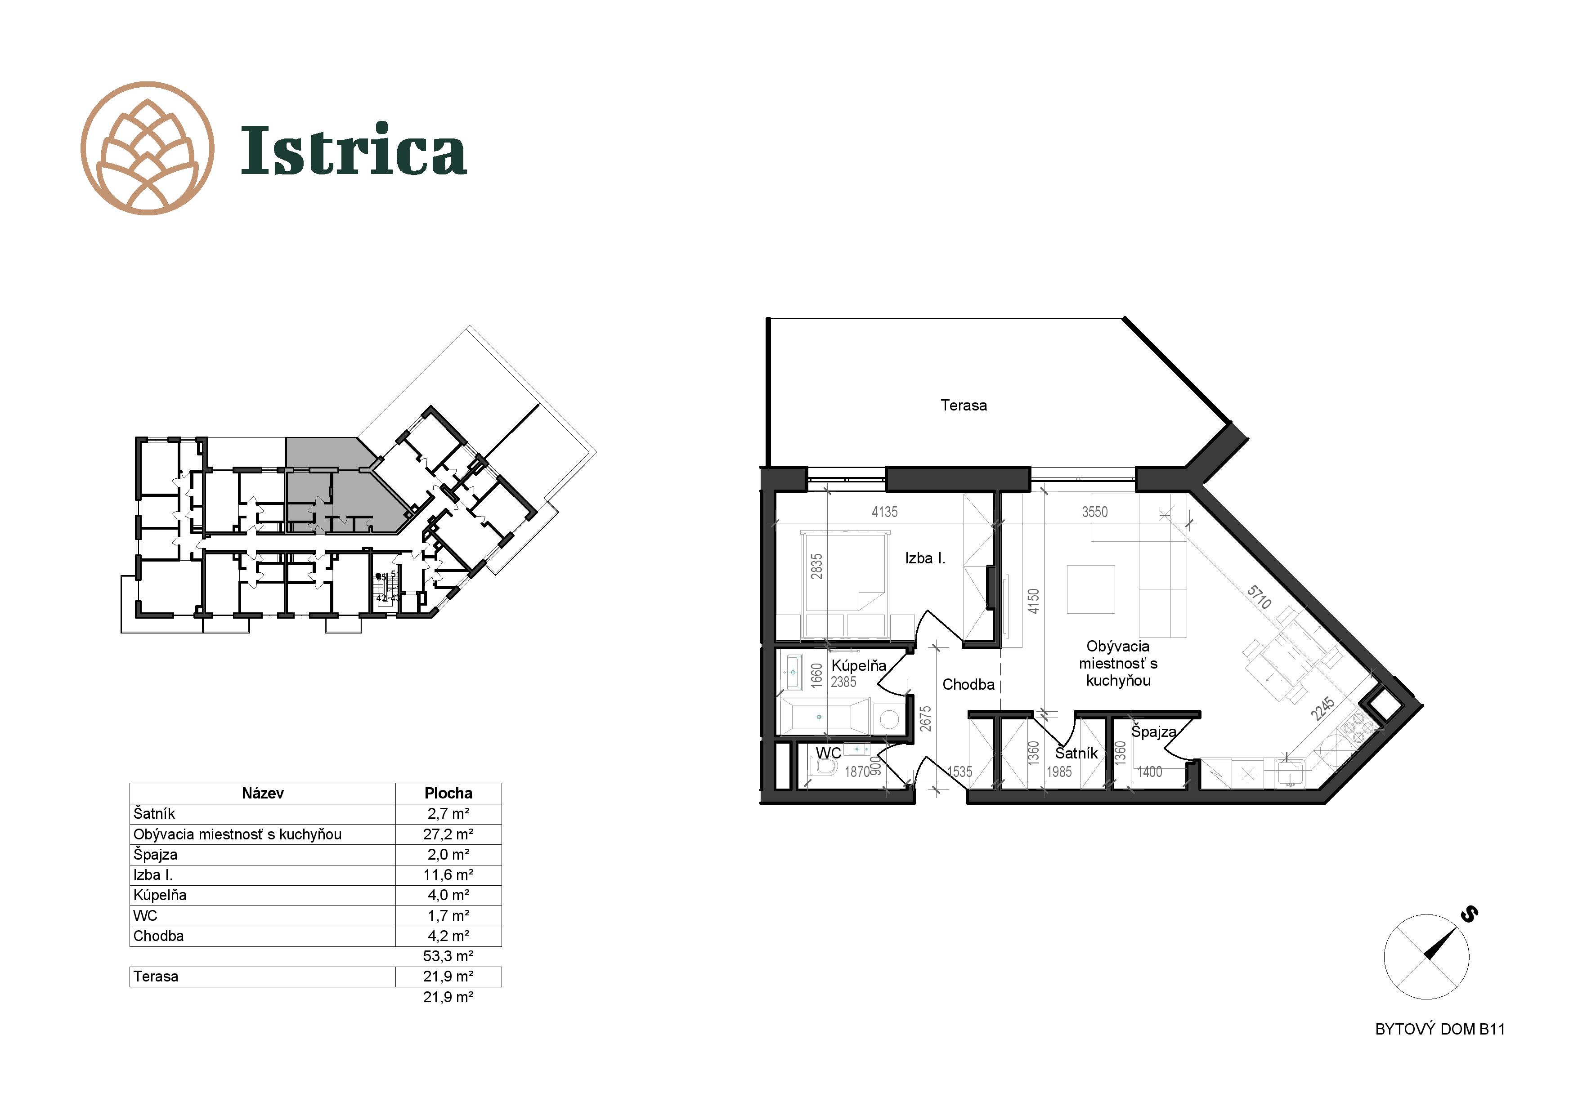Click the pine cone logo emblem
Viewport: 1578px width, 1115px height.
pyautogui.click(x=147, y=148)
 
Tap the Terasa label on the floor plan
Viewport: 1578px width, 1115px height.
pyautogui.click(x=964, y=406)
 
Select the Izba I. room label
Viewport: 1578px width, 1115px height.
pyautogui.click(x=925, y=558)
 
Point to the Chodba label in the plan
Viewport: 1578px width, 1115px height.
pyautogui.click(x=968, y=684)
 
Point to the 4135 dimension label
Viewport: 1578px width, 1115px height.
pyautogui.click(x=884, y=512)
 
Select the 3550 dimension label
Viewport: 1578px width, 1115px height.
pyautogui.click(x=1095, y=512)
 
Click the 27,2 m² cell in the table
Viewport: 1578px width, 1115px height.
pyautogui.click(x=448, y=834)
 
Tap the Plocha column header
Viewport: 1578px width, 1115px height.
pyautogui.click(x=448, y=794)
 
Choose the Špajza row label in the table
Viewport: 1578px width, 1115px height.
pyautogui.click(x=155, y=855)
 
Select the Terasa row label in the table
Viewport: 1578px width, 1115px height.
pyautogui.click(x=156, y=976)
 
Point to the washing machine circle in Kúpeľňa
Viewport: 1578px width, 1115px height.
pyautogui.click(x=889, y=719)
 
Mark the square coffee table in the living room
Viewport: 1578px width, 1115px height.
pyautogui.click(x=1091, y=589)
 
